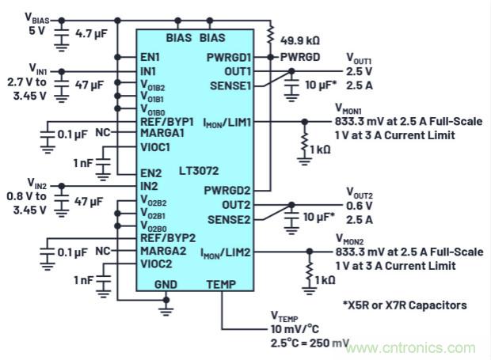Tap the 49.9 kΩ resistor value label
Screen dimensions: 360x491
(x=300, y=39)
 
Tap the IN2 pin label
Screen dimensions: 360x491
(x=150, y=186)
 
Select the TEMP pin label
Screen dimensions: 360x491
(x=222, y=282)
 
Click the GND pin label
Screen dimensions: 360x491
(x=166, y=282)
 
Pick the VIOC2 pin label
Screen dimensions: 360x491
(x=156, y=264)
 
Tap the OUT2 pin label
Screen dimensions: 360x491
(x=238, y=205)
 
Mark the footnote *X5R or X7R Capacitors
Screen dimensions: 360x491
(x=405, y=305)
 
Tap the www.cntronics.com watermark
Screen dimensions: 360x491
(x=413, y=347)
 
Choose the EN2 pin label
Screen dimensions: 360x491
(x=151, y=172)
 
